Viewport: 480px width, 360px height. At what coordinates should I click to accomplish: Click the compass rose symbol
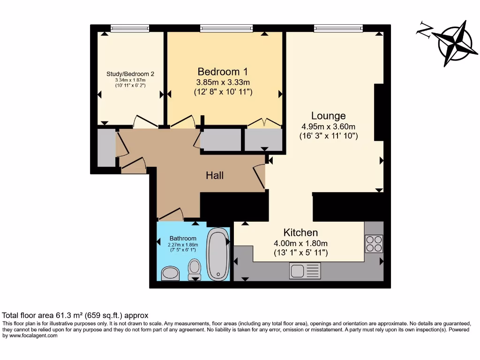tap(452, 43)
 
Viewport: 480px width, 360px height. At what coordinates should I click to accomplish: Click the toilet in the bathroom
tap(194, 269)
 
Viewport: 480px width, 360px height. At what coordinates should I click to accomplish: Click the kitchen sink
tap(305, 270)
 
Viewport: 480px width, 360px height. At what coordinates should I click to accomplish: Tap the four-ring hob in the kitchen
tap(374, 243)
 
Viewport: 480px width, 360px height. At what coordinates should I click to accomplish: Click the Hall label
tap(215, 175)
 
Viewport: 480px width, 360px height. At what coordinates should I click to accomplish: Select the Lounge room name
tap(329, 116)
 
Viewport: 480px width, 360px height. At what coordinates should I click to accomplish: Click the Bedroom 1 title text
tap(223, 72)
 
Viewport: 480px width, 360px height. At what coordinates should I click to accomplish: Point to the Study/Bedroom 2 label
tap(130, 74)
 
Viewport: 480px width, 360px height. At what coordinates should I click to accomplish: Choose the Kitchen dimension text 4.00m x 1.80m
tap(300, 243)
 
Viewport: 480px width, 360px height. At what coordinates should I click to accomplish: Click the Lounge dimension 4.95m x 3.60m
tap(329, 127)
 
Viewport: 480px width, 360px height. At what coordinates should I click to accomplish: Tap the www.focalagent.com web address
tap(30, 335)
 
